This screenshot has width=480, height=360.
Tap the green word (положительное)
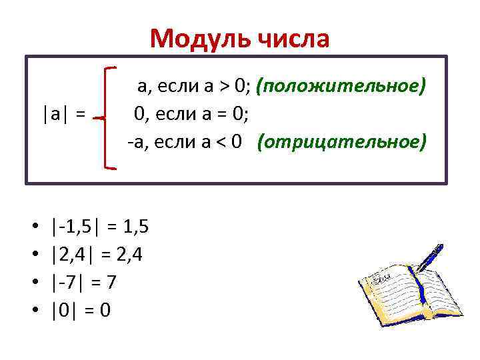point(341,86)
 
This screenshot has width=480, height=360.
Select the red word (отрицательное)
point(341,142)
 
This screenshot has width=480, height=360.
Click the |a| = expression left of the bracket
point(63,114)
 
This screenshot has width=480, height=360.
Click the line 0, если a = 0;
point(191,114)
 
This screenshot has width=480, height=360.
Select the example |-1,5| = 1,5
point(99,227)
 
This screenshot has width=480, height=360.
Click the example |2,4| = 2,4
point(97,255)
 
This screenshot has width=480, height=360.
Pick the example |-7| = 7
point(84,283)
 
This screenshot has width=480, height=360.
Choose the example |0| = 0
point(81,311)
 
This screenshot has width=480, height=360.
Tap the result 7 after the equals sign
point(111,283)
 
